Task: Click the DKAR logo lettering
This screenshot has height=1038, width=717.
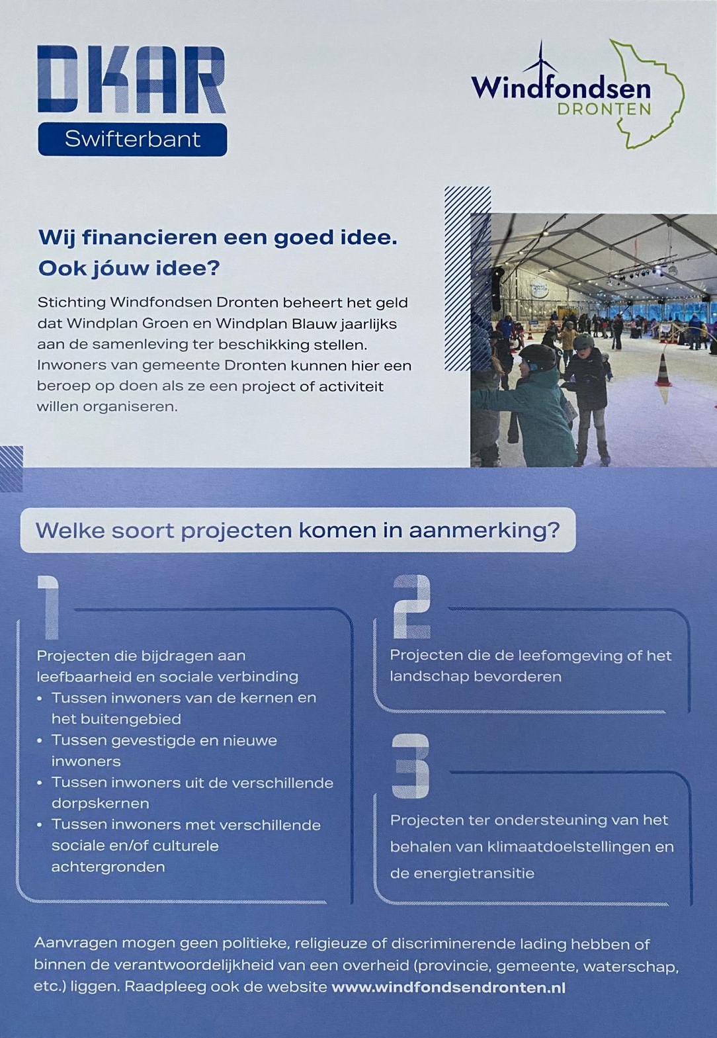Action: tap(131, 79)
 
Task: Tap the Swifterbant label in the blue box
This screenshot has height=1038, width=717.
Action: tap(132, 139)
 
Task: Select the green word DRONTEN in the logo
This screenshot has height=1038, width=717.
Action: tap(604, 109)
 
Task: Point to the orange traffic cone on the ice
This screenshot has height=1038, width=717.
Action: tap(663, 370)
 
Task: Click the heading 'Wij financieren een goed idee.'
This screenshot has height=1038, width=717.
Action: tap(218, 238)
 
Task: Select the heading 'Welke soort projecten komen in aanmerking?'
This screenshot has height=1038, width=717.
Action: tap(298, 530)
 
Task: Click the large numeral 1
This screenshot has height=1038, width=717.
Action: tap(49, 607)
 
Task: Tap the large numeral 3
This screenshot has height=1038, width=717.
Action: tap(410, 766)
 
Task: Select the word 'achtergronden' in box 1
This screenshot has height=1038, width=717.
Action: tap(108, 867)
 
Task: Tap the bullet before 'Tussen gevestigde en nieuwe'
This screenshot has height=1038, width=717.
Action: tap(40, 741)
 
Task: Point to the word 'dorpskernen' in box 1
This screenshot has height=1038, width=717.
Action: tap(100, 803)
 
